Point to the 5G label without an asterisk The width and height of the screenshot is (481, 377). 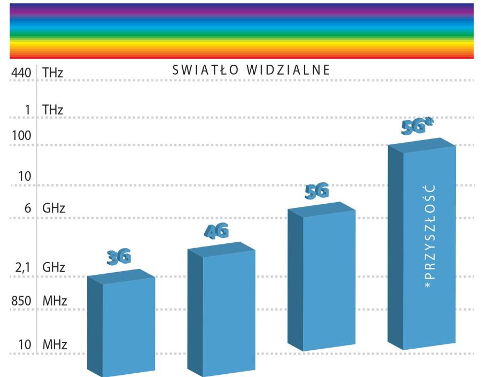pyautogui.click(x=316, y=191)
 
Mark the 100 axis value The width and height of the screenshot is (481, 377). pyautogui.click(x=21, y=135)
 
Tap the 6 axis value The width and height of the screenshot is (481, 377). pyautogui.click(x=27, y=208)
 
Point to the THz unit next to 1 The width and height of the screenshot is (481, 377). pyautogui.click(x=53, y=110)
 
